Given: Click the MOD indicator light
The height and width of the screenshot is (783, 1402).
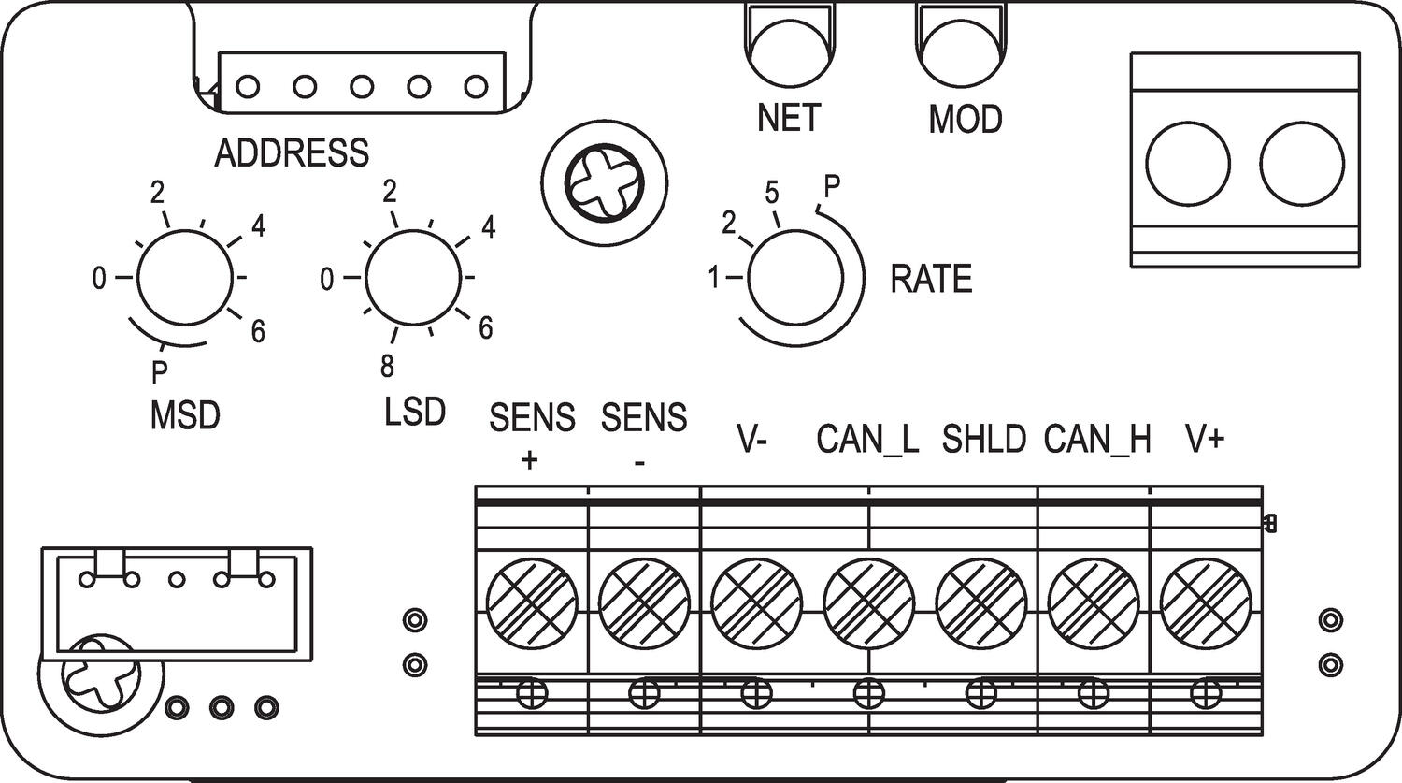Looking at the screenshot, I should tap(962, 52).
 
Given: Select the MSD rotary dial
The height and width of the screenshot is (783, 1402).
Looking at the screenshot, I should tap(184, 277).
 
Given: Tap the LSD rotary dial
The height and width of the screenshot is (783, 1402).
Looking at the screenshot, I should tap(412, 278).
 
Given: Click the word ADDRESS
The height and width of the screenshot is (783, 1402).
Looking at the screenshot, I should tap(292, 152).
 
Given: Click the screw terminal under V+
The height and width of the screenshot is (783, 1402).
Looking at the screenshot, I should tap(1206, 600).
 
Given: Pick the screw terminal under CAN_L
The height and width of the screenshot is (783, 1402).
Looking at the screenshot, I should tap(869, 600).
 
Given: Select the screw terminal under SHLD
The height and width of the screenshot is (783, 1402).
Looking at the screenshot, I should tap(981, 600).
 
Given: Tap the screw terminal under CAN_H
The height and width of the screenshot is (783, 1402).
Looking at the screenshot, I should tap(1094, 600).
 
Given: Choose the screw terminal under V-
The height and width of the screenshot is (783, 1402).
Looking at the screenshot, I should tap(757, 600).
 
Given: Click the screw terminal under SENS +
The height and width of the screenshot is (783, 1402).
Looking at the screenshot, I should tap(532, 600).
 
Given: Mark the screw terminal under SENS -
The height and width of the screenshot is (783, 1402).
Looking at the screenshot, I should tap(644, 600).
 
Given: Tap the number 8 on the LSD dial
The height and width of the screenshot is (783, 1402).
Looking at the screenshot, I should tap(388, 367).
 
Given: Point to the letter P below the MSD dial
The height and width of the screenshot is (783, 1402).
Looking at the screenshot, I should tap(160, 373).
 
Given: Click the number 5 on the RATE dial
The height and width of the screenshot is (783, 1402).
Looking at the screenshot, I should tap(772, 193).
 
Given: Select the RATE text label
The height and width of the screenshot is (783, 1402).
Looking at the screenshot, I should tap(931, 279).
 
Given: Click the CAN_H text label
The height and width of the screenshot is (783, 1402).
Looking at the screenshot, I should tap(1097, 438).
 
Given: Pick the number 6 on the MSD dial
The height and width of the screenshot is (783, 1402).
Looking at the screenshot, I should tap(258, 331).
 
